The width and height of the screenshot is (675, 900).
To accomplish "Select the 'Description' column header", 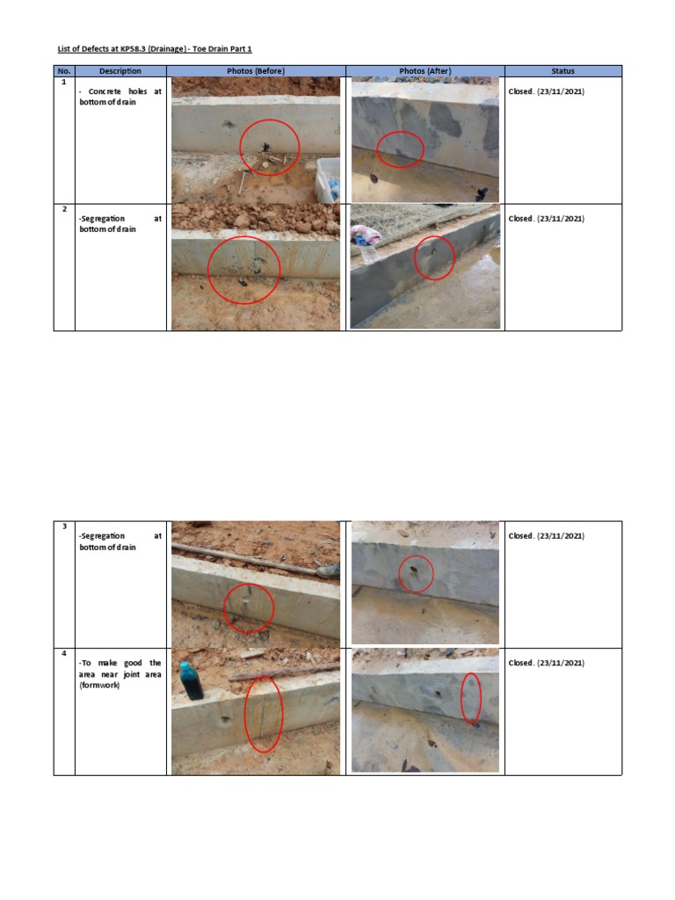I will pos(120,71).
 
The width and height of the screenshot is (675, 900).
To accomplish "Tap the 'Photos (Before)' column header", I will pos(256,71).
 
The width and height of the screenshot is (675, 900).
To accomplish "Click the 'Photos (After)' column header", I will pos(425,71).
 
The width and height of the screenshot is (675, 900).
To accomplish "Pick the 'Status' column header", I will pos(562,71).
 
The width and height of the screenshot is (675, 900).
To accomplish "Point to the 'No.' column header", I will pos(64,71).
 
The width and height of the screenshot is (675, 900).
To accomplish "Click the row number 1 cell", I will pos(64,82).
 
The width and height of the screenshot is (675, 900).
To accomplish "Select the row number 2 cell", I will pos(64,209).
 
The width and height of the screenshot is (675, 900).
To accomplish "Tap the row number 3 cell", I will pos(64,526).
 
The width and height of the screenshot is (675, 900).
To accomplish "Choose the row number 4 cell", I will pos(64,654).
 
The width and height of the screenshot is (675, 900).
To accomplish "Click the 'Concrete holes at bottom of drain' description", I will pos(120,97).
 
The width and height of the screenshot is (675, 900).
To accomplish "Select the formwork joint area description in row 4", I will pos(120,674).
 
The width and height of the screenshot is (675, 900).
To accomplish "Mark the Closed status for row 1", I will pos(546,91).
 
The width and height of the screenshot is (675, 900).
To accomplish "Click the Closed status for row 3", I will pos(546,536).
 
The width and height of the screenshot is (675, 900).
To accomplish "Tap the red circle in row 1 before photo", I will pos(269,147).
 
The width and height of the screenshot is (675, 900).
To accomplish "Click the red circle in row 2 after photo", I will pos(434,258).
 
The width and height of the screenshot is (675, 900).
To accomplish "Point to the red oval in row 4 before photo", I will pos(264,715).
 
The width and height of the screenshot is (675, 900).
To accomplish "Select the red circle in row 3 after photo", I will pos(416,574).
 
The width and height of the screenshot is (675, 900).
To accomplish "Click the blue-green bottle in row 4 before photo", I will pos(192,682).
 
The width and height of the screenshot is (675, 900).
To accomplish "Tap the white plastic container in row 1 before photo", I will pos(328,179).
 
